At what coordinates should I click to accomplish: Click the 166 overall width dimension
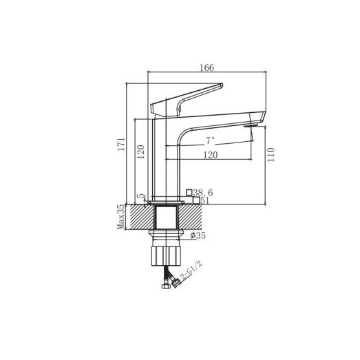tap(207, 67)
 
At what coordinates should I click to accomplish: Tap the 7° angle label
tap(210, 140)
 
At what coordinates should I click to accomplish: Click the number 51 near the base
tap(204, 201)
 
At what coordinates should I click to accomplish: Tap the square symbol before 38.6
tap(189, 192)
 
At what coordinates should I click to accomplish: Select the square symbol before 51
tap(195, 201)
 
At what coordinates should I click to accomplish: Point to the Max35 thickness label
tap(120, 217)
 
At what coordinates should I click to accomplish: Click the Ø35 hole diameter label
tap(198, 236)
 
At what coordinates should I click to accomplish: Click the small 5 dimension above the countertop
tap(141, 197)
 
